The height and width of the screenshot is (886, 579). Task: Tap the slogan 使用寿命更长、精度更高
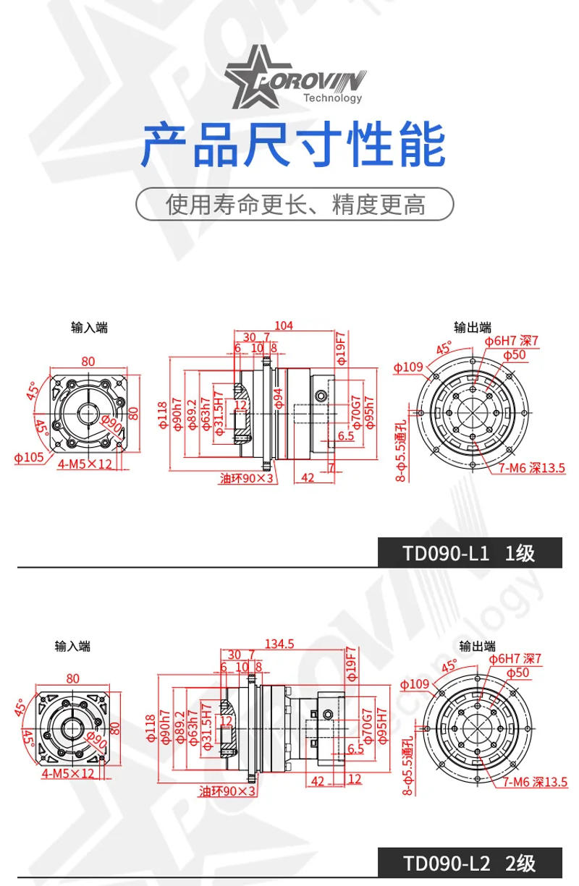295,205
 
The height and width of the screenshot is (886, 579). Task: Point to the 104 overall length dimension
284,326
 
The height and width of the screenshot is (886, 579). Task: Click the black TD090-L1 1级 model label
469,553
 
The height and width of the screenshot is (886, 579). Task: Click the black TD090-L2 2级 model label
469,863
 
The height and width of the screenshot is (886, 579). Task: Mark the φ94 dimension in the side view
279,398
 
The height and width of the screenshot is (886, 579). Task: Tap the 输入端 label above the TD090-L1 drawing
90,328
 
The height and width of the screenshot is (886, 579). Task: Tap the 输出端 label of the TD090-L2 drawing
478,646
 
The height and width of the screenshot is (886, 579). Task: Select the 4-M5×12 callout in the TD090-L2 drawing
68,774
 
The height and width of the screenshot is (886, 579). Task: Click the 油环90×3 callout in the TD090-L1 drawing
248,478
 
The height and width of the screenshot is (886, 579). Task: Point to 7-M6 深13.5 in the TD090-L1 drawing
531,468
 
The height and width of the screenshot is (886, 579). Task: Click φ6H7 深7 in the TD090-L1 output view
512,341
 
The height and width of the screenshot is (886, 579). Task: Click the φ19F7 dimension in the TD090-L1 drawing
340,348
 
